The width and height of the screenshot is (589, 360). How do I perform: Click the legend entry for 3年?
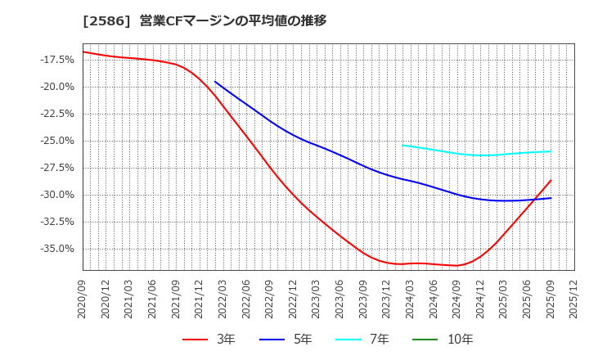[209, 339]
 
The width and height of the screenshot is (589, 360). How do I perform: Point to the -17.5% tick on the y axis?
[56, 60]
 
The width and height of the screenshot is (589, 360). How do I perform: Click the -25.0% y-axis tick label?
[56, 141]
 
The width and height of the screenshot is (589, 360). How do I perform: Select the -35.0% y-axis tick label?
[56, 249]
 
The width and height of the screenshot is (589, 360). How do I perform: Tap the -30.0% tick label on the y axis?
[56, 195]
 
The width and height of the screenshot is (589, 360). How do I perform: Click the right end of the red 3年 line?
[551, 180]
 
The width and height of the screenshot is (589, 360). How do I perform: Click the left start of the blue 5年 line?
[215, 82]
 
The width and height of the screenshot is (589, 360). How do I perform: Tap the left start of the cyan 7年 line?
[402, 145]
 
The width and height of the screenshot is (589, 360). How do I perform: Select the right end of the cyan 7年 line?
[551, 151]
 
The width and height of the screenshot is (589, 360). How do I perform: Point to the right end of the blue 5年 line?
[551, 198]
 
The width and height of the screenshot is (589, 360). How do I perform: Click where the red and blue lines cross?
[536, 199]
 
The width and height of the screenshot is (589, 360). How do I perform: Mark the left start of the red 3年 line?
[83, 52]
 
